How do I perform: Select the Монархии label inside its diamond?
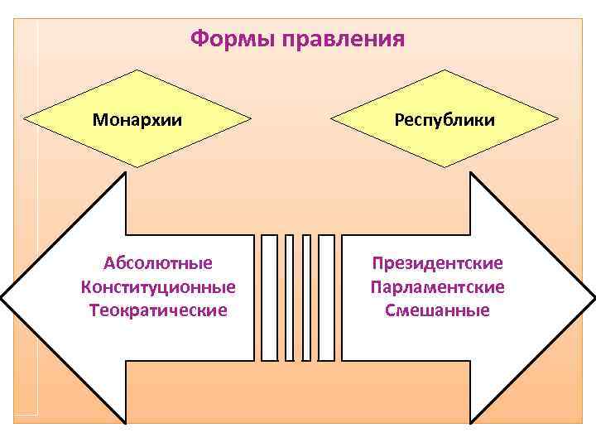137,119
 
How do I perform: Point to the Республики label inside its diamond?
445,120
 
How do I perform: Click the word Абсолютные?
158,264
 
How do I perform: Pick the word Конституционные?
158,287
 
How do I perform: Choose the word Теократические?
158,310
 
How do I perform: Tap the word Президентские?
438,264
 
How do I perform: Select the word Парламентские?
438,287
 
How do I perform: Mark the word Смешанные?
438,310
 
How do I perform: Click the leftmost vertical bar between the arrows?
269,298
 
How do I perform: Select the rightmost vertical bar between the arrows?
326,298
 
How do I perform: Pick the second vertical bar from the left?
289,298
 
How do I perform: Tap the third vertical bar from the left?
306,298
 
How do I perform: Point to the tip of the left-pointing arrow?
3,297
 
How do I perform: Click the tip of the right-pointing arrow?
593,297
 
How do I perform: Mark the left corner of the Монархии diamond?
24,120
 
